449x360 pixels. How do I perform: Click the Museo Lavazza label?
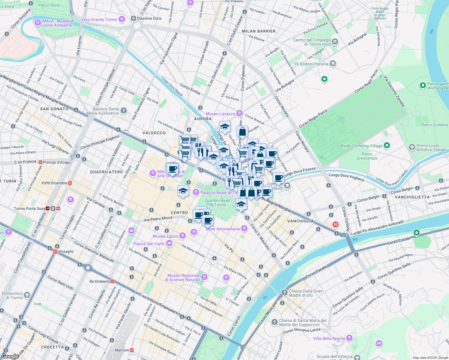click(x=220, y=114)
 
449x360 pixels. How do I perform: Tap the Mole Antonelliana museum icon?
click(x=244, y=229)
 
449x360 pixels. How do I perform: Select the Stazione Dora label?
click(x=149, y=18)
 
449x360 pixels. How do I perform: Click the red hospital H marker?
click(x=336, y=224)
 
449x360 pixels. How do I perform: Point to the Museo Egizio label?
click(x=165, y=236)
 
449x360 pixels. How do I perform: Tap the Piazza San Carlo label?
click(x=149, y=244)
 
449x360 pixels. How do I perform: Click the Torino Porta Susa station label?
click(x=29, y=208)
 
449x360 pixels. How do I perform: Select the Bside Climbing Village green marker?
click(x=387, y=146)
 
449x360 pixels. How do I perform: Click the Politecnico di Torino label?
click(x=12, y=295)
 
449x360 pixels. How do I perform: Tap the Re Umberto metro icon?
click(x=112, y=281)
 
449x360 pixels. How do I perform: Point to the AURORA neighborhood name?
click(x=203, y=119)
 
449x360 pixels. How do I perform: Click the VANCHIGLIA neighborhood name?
click(x=300, y=221)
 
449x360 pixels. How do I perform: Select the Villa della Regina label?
click(x=329, y=338)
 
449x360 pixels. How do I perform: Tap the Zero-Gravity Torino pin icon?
click(x=122, y=19)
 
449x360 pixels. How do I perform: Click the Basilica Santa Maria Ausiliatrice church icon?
click(x=123, y=111)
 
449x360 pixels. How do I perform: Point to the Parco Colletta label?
click(x=435, y=125)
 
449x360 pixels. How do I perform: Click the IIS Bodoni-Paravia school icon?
click(x=333, y=64)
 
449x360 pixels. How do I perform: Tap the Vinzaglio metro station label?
click(x=65, y=251)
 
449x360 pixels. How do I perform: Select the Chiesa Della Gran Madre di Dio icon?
click(x=284, y=293)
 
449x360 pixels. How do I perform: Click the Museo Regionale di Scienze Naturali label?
click(x=183, y=277)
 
